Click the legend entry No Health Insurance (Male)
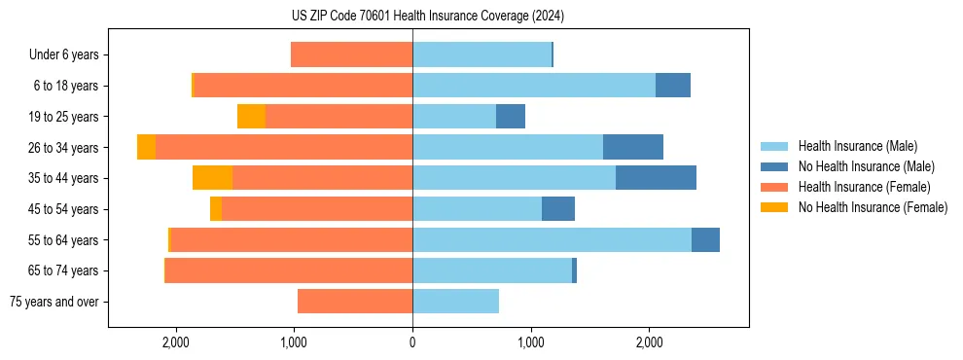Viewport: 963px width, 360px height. pyautogui.click(x=866, y=166)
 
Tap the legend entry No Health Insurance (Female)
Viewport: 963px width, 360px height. pyautogui.click(x=873, y=207)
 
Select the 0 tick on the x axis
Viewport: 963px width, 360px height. pyautogui.click(x=412, y=342)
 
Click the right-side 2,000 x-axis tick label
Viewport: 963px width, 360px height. pyautogui.click(x=649, y=342)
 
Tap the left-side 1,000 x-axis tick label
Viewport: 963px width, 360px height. pyautogui.click(x=294, y=342)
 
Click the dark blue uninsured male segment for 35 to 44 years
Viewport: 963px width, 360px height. pyautogui.click(x=656, y=178)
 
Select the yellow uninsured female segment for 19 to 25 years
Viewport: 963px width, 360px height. pyautogui.click(x=251, y=117)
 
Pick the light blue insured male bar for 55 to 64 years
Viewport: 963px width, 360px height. pyautogui.click(x=552, y=240)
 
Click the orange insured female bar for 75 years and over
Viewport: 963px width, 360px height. pyautogui.click(x=355, y=302)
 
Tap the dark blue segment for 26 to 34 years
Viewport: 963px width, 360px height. pyautogui.click(x=632, y=147)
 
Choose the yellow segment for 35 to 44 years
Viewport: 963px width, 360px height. pyautogui.click(x=212, y=178)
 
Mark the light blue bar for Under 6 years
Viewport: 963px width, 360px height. pyautogui.click(x=481, y=54)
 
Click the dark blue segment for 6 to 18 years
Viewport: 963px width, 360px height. pyautogui.click(x=672, y=86)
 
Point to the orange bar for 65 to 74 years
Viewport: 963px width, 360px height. pyautogui.click(x=288, y=270)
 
